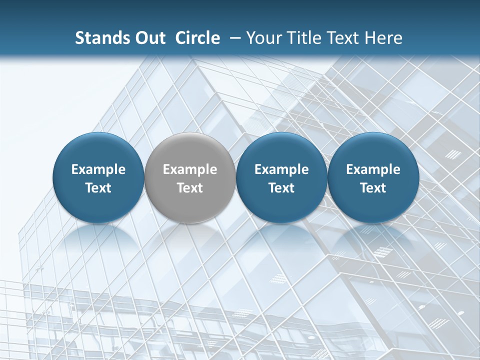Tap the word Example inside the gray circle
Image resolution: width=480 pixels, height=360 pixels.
[190, 169]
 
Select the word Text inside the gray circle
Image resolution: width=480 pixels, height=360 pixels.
[190, 188]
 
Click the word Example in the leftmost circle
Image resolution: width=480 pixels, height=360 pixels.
[98, 169]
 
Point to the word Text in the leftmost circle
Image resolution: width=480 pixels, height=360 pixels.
[98, 188]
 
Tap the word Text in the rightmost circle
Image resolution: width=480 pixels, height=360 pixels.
[373, 188]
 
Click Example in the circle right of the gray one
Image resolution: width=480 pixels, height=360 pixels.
[281, 169]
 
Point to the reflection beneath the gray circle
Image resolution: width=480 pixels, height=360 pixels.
[190, 240]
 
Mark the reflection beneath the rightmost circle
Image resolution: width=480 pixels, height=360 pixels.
[373, 240]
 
